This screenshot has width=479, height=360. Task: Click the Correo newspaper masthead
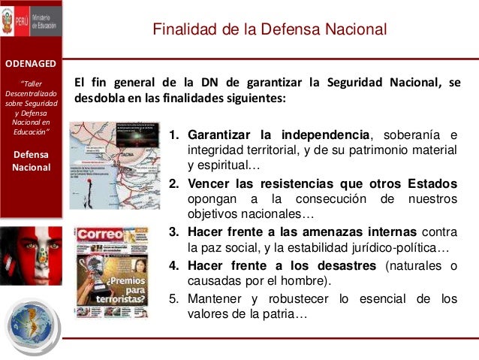95,234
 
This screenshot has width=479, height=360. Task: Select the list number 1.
173,136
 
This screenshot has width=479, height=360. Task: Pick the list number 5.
173,299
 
